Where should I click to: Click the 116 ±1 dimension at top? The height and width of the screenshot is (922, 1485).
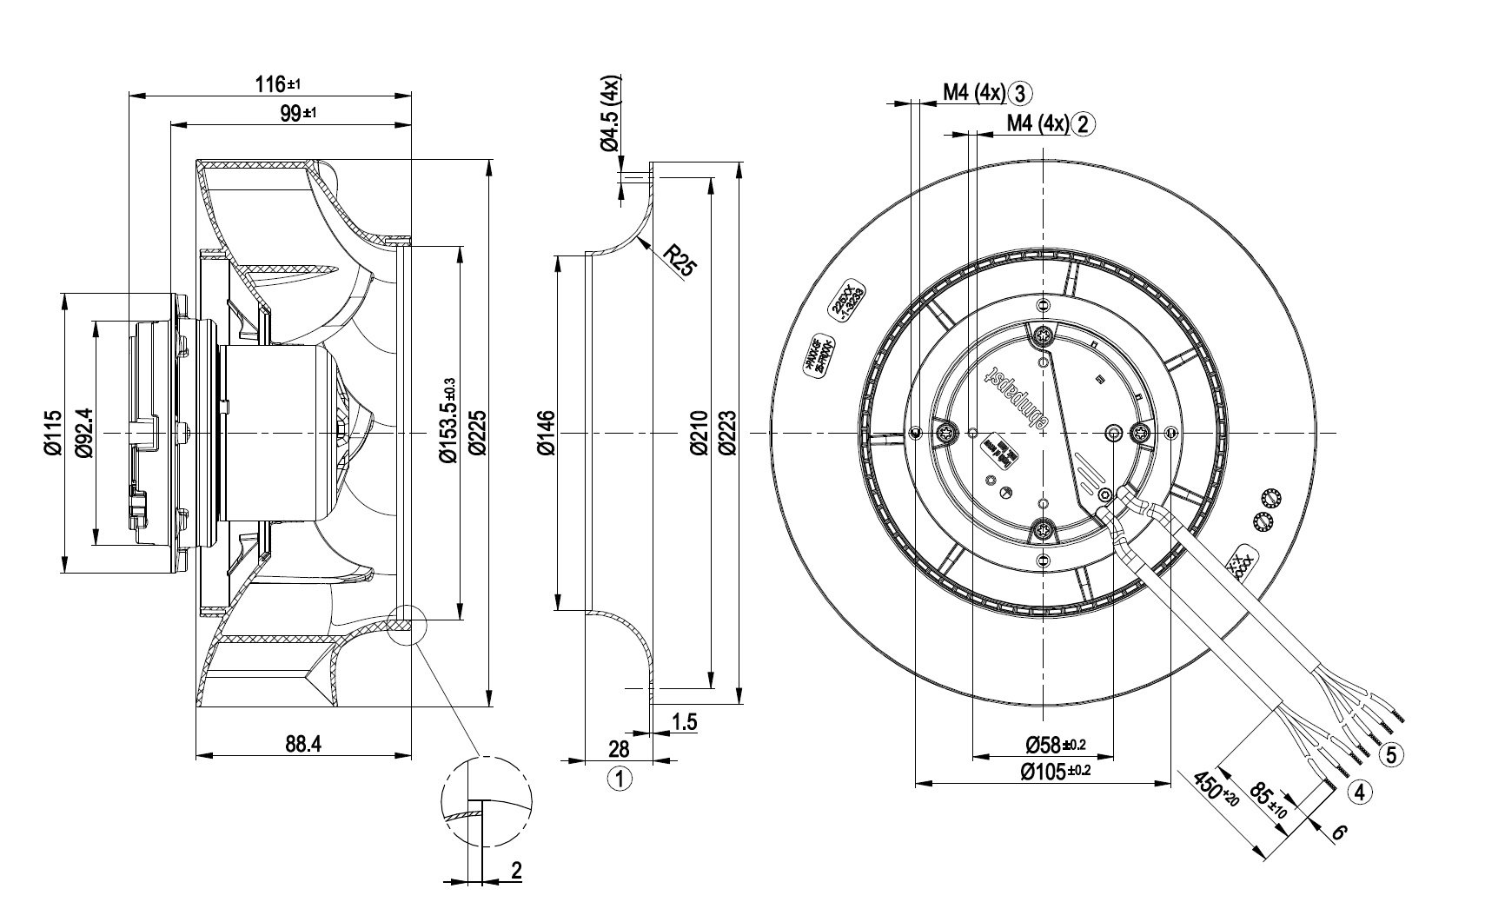click(x=277, y=84)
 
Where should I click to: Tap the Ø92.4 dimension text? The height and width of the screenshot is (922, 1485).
click(x=83, y=433)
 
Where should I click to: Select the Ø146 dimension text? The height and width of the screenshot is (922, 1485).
click(x=545, y=433)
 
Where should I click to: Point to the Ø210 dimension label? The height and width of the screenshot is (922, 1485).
click(x=700, y=433)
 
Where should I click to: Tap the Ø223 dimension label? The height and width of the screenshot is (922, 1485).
click(x=727, y=433)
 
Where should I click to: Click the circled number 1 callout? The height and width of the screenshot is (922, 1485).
click(x=620, y=779)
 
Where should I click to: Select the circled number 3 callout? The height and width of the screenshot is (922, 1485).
click(x=1021, y=93)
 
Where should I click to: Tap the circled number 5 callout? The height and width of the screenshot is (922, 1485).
click(x=1391, y=754)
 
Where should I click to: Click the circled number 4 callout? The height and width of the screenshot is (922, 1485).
click(x=1360, y=791)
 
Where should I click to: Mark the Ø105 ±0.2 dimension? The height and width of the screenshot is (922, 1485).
click(x=1055, y=771)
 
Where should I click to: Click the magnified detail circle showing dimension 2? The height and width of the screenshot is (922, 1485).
click(x=487, y=800)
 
